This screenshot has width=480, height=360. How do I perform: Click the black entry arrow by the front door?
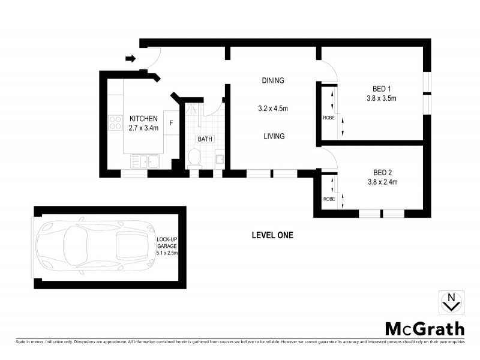130,58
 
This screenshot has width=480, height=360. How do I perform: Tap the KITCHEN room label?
143,118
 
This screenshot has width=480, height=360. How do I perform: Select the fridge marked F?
172,124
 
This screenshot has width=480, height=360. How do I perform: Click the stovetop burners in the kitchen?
115,123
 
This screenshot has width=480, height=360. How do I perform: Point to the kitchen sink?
144,161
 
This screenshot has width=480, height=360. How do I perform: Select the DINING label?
272,80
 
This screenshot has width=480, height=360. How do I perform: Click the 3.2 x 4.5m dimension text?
273,109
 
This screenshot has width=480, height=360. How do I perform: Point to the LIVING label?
273,136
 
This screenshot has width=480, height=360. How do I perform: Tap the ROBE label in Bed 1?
328,118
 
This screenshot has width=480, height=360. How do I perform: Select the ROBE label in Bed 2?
328,199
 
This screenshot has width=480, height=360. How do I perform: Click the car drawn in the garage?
91,246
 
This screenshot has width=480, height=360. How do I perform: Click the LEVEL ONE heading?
272,235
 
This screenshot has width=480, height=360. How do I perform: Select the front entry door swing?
152,58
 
